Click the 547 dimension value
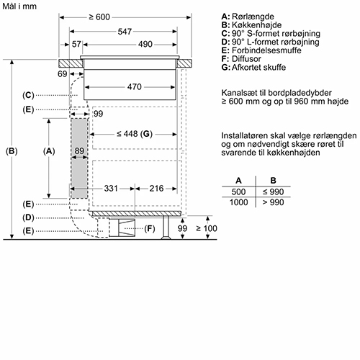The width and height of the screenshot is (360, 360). (125, 32)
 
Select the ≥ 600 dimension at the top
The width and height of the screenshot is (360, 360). (99, 17)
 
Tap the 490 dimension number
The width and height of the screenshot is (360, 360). (145, 44)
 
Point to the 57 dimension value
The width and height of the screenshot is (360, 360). (76, 44)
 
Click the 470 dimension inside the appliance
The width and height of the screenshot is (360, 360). (135, 86)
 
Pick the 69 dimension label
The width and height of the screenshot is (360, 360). (63, 74)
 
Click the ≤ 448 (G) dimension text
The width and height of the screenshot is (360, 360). (135, 134)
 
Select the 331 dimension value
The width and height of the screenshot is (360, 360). (111, 189)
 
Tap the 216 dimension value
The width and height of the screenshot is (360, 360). (156, 189)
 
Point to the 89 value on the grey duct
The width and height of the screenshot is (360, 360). (79, 150)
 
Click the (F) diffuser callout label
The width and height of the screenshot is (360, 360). (150, 228)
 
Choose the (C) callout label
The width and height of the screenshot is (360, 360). (28, 95)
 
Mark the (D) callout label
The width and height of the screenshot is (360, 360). (28, 217)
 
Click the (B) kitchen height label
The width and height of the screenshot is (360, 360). (12, 151)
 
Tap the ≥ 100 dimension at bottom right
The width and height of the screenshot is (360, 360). (207, 228)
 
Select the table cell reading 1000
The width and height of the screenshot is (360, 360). (238, 202)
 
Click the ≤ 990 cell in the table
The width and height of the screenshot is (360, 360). (273, 192)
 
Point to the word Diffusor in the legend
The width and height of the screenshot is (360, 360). (246, 59)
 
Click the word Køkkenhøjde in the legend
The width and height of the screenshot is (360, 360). (256, 25)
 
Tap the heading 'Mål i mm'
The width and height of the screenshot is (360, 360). (19, 6)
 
